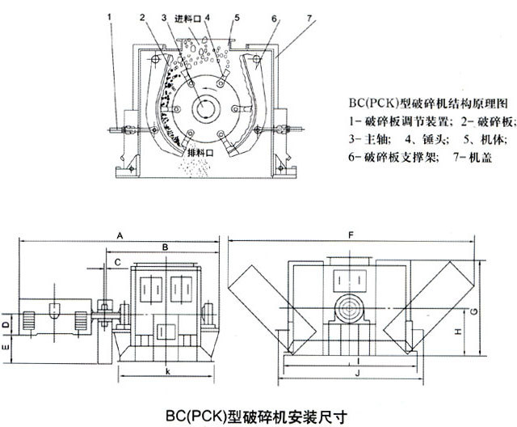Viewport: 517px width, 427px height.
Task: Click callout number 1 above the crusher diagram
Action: (110, 15)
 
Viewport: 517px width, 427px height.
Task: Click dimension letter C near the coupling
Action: (118, 261)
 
